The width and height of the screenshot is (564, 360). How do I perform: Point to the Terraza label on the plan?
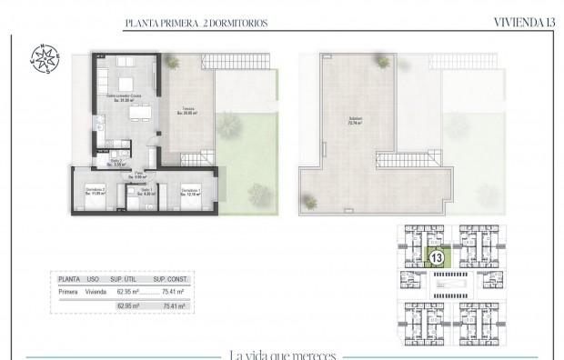pyautogui.click(x=186, y=110)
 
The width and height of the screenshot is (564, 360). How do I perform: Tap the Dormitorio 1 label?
pyautogui.click(x=190, y=190)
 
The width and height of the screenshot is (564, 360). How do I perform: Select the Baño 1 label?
pyautogui.click(x=145, y=191)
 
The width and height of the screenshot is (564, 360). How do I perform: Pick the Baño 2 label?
pyautogui.click(x=116, y=162)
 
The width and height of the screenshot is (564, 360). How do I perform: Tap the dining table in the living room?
pyautogui.click(x=138, y=114)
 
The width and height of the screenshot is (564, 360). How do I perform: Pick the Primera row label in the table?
pyautogui.click(x=68, y=293)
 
